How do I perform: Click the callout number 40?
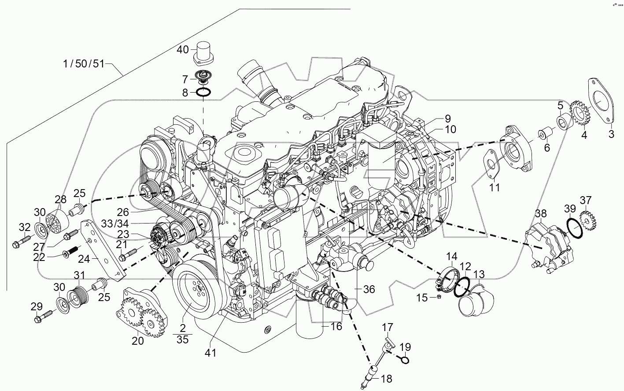183,49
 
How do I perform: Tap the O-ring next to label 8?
203,93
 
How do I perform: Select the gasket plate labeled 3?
601,101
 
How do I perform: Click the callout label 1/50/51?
83,64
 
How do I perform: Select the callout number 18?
386,379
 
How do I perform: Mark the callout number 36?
369,289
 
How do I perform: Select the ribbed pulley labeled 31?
78,293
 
